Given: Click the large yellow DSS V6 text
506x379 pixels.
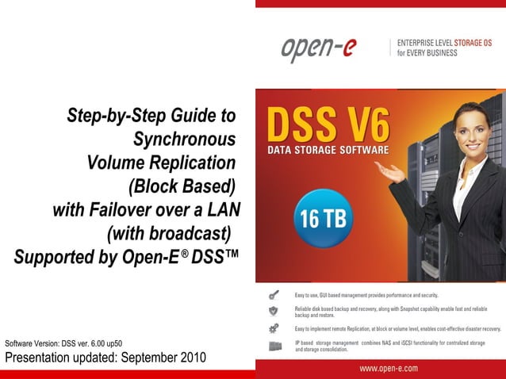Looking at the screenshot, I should (x=328, y=126).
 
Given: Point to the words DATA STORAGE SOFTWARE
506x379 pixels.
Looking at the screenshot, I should (x=328, y=150).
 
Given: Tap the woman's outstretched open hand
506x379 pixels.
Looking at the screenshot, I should (x=389, y=169).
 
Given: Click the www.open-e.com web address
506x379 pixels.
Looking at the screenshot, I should (x=389, y=368).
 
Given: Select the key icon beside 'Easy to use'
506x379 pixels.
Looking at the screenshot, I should (x=274, y=295).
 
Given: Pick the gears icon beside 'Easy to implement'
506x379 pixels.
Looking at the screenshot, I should (x=274, y=328).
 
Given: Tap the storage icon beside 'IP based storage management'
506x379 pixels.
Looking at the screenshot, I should (x=274, y=346).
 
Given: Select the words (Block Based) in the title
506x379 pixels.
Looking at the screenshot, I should (x=182, y=186).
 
